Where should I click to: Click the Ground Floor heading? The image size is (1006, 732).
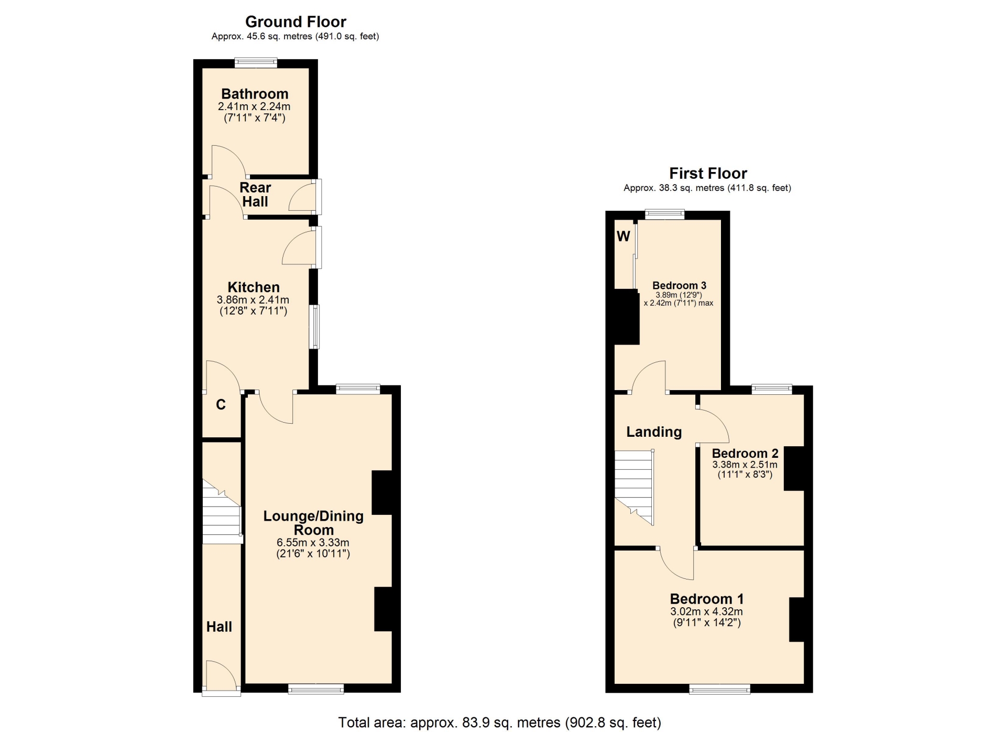296,22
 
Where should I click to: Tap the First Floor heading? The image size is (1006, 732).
708,174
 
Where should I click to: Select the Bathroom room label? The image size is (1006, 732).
255,94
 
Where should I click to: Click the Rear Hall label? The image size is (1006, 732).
255,195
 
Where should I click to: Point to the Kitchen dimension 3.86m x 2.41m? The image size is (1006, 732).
253,300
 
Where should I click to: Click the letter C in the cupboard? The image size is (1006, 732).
221,405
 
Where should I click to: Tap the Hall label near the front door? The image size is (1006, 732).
219,627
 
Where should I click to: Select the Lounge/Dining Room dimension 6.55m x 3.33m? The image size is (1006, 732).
313,543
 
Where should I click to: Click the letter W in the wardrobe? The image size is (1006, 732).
623,236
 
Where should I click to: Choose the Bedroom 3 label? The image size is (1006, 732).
679,286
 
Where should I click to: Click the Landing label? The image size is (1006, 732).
654,432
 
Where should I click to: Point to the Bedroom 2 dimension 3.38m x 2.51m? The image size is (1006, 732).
745,465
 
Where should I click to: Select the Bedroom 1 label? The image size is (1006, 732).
707,599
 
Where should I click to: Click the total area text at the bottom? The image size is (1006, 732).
499,723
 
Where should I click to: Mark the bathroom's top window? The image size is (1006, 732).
256,63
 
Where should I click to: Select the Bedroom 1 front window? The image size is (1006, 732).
719,689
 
